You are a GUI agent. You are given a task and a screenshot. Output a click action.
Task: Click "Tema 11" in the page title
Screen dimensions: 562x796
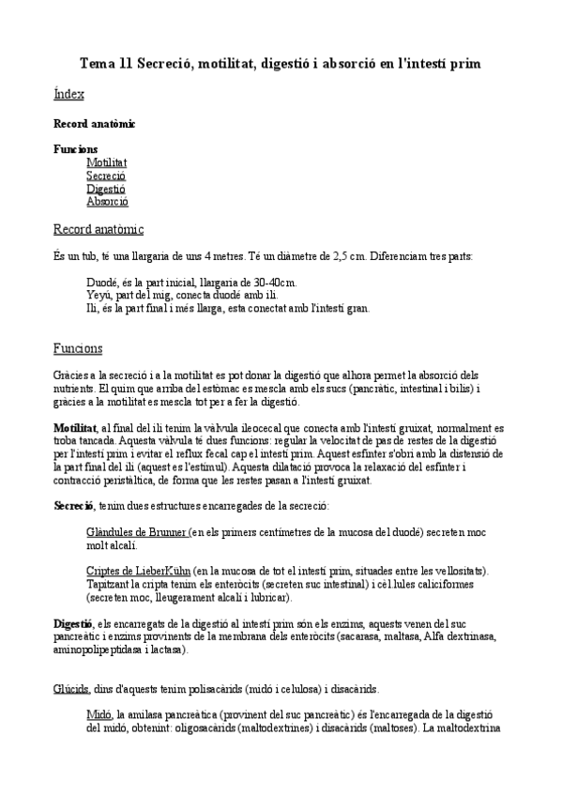point(105,64)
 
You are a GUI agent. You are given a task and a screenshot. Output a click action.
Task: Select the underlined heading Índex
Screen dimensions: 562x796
point(68,95)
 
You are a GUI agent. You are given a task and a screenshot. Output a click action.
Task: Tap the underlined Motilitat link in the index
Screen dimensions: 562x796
point(106,162)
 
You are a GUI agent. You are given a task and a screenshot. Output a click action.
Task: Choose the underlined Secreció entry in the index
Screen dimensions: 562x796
point(105,176)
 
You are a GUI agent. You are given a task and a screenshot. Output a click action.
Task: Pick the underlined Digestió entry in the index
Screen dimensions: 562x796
point(105,189)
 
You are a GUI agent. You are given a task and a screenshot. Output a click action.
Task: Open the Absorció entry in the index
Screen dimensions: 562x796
point(107,202)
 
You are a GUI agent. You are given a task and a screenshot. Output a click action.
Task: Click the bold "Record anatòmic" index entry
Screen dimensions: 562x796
point(94,123)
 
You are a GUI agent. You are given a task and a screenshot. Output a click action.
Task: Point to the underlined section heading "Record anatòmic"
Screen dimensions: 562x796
point(99,230)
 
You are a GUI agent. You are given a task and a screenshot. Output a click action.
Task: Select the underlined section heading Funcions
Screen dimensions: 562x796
point(78,348)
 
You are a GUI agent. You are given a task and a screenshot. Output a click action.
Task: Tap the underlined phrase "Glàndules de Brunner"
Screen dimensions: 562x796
point(137,531)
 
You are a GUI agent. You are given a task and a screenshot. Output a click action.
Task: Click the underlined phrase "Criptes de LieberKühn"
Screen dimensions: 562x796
point(139,571)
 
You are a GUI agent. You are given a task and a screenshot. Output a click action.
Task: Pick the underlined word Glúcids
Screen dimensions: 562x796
point(71,688)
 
